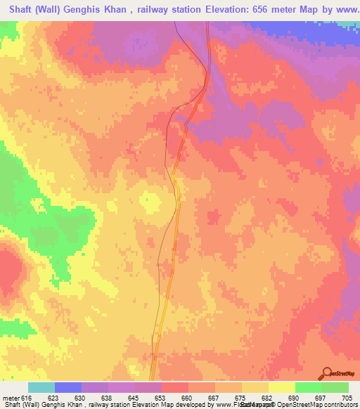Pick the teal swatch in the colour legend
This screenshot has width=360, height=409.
(41, 387)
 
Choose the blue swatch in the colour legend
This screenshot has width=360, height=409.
(68, 387)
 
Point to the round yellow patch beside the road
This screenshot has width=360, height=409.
(150, 200)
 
